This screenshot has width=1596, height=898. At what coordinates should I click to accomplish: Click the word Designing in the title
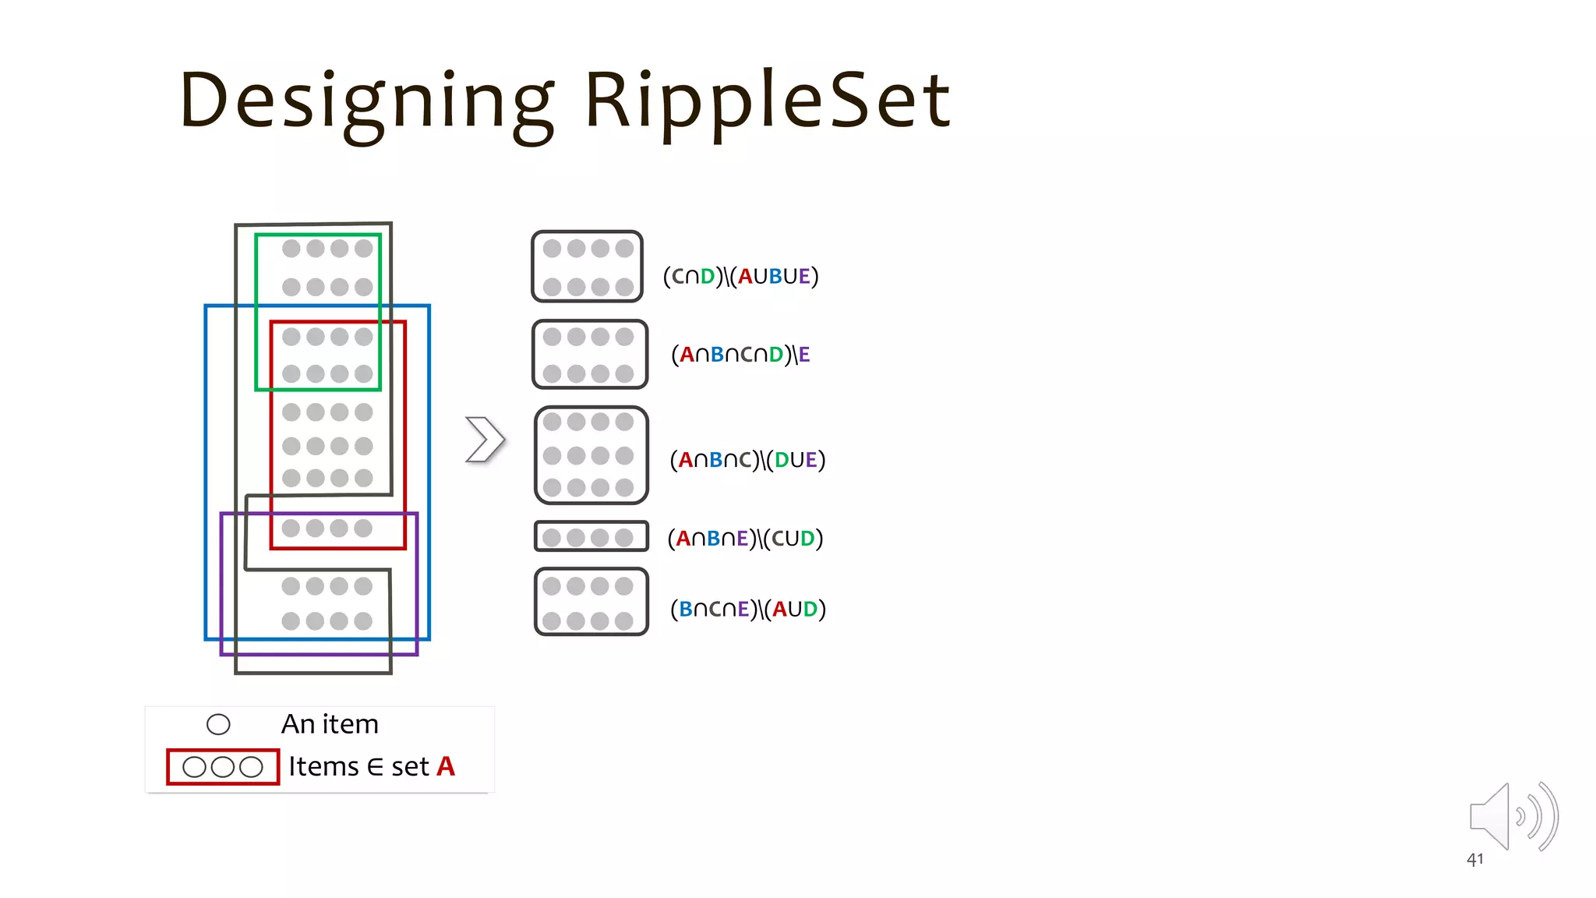click(366, 101)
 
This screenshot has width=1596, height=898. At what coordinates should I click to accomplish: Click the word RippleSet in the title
click(768, 101)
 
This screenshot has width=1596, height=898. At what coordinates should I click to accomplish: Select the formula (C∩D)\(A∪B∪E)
click(740, 276)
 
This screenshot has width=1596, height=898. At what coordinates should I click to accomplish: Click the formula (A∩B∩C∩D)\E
click(740, 355)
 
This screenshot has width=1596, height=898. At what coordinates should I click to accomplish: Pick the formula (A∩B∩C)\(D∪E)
click(747, 460)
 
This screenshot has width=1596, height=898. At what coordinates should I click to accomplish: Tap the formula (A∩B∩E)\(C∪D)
click(745, 539)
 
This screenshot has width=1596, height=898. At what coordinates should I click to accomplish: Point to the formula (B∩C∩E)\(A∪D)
click(747, 609)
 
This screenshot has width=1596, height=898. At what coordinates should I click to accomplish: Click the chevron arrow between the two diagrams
click(485, 440)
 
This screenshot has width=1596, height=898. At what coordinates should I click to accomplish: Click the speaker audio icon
click(1512, 816)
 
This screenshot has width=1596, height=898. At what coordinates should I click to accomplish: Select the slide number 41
click(1474, 860)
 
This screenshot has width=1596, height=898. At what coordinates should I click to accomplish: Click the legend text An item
click(330, 724)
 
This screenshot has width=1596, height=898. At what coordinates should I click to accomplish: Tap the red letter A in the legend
click(446, 766)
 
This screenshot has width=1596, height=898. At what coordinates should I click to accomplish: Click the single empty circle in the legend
click(218, 725)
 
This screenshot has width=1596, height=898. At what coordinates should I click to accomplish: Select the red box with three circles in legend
click(223, 767)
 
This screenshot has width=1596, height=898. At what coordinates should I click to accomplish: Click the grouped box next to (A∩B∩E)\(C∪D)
click(591, 536)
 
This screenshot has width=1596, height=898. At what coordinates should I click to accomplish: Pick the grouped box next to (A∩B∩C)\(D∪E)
click(591, 455)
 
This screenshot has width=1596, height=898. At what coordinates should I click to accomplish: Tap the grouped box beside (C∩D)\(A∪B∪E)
click(587, 267)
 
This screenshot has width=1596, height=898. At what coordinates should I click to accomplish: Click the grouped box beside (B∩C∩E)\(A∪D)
click(591, 602)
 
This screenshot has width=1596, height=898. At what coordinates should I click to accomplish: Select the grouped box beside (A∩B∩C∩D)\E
click(589, 354)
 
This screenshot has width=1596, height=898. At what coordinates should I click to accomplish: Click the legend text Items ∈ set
click(358, 766)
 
